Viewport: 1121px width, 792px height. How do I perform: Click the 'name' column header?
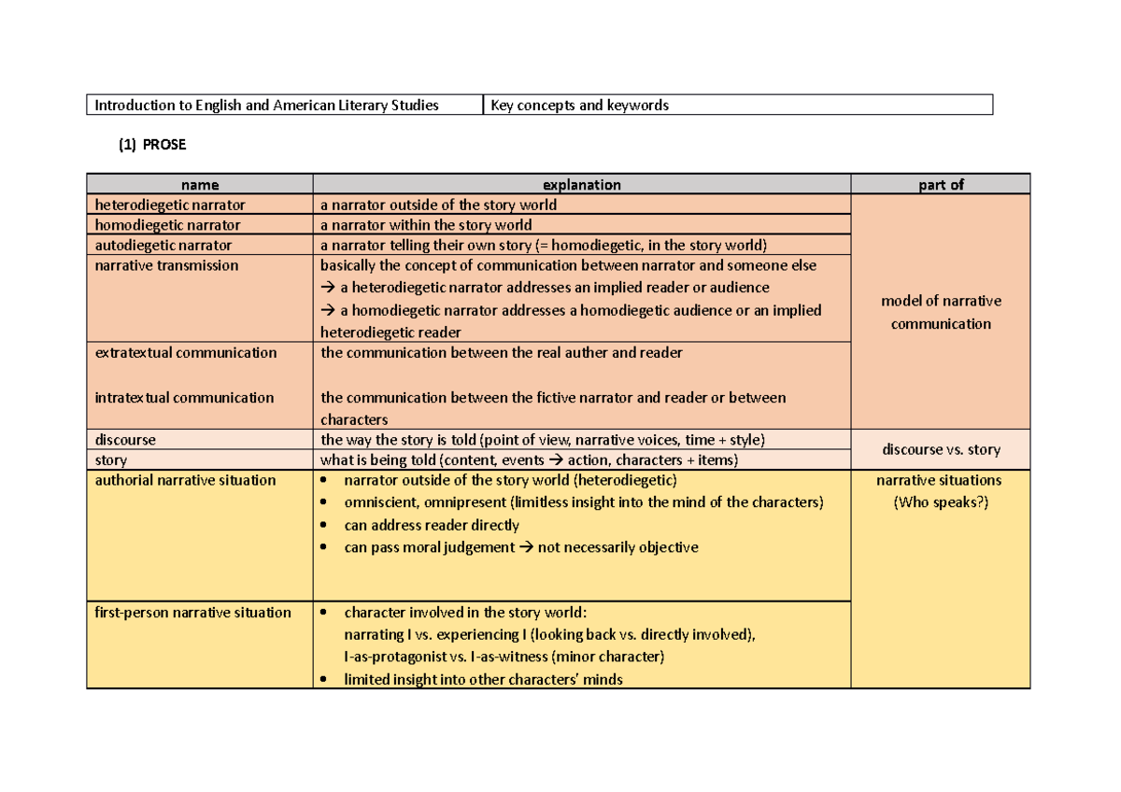(200, 185)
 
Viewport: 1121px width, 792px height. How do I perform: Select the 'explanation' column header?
(581, 185)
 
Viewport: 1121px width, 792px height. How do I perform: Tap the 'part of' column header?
(941, 185)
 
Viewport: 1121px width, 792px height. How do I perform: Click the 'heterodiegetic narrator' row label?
(170, 205)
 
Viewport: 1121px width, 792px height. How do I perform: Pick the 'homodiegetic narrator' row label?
(167, 225)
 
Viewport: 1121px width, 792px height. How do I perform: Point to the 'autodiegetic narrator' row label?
(163, 246)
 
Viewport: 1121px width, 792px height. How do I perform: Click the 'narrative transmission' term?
(166, 266)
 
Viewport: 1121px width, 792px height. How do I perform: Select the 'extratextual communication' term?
(186, 353)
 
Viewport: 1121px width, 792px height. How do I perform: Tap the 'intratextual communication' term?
(184, 398)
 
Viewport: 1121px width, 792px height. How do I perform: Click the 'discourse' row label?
(125, 439)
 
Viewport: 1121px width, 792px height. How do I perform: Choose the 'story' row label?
(111, 460)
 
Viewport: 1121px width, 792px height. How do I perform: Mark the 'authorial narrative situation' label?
(185, 480)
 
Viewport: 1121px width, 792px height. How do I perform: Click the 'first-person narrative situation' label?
(192, 613)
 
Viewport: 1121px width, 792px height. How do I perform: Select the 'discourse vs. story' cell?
(941, 449)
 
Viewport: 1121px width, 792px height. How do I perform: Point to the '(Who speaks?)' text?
(941, 502)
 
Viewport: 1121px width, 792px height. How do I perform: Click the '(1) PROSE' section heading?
(151, 145)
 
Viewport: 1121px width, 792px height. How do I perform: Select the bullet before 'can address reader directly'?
(324, 526)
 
